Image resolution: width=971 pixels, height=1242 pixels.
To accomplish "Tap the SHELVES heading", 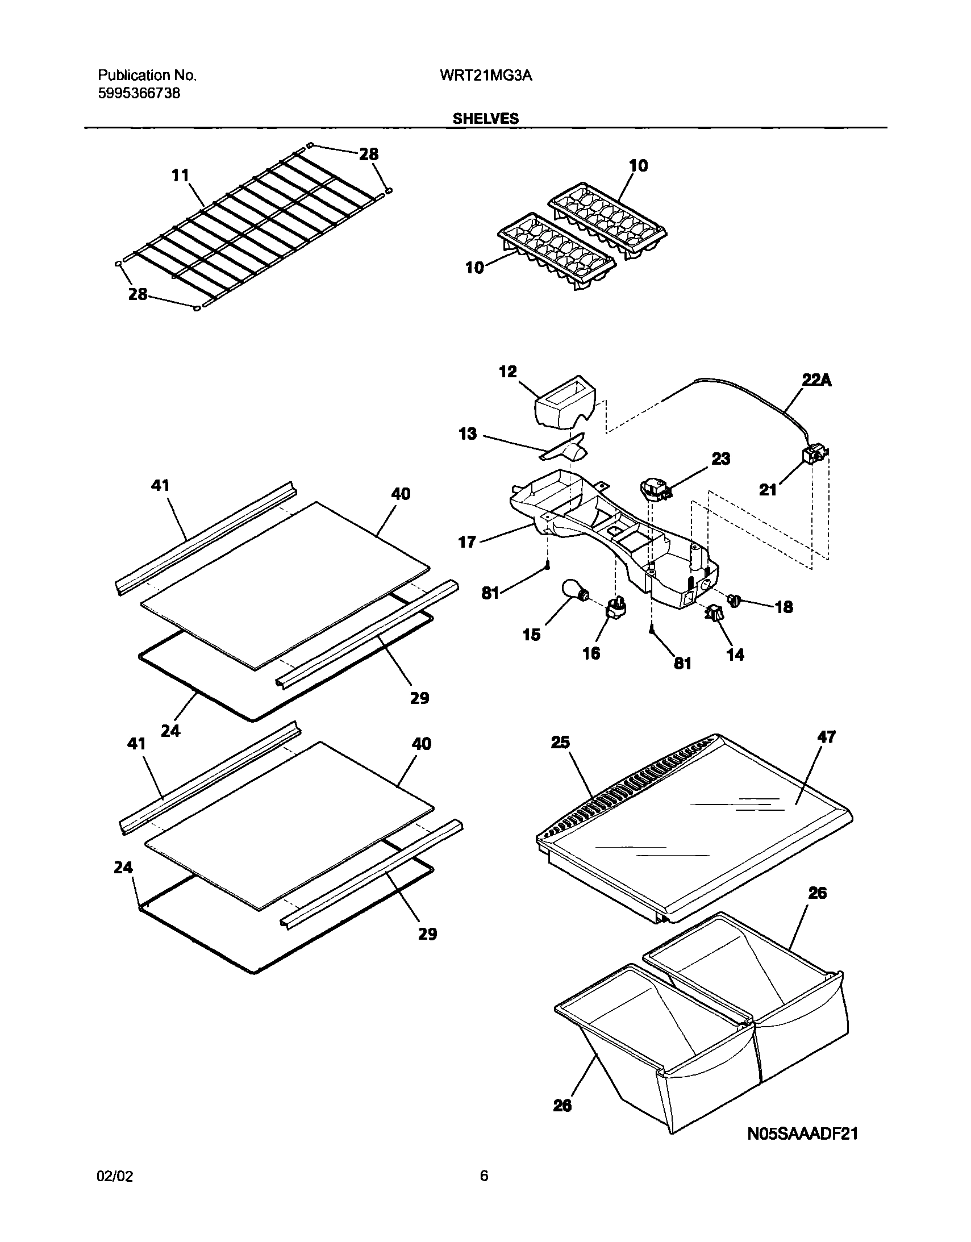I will click(x=485, y=118).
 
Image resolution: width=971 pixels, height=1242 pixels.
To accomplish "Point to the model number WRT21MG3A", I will click(x=486, y=76).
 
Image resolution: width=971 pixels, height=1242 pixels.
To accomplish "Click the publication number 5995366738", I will click(x=139, y=93).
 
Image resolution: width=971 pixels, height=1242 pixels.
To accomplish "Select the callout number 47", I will click(x=826, y=737).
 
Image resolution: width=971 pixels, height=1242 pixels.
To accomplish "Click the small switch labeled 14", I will click(x=712, y=613).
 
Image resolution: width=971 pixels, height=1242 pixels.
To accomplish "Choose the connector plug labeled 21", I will click(x=812, y=455).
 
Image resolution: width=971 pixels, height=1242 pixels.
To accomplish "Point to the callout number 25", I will click(x=560, y=742).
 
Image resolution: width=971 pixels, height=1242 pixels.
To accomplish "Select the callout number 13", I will click(x=468, y=434).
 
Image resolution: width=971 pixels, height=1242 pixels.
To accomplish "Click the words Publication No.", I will click(x=147, y=76).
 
